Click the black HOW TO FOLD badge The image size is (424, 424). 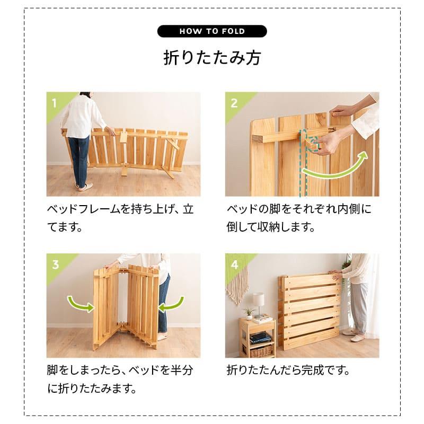[x=212, y=31]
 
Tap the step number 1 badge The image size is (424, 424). [x=54, y=101]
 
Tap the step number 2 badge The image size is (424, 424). [x=234, y=101]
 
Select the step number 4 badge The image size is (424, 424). [x=234, y=262]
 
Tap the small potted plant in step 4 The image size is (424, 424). [x=248, y=313]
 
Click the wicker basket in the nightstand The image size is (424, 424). [x=261, y=350]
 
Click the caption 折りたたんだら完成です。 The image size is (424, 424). [x=288, y=369]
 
